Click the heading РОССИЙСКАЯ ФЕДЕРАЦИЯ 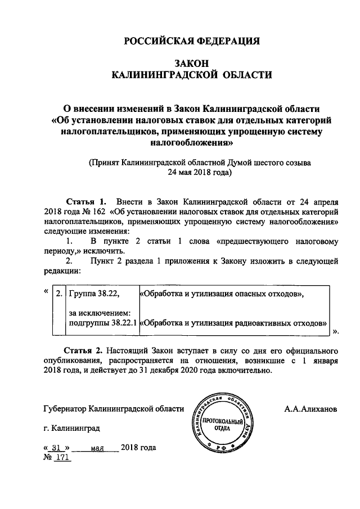(x=191, y=40)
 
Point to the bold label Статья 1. (x=86, y=201)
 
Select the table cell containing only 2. (x=57, y=294)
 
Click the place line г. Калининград (x=72, y=428)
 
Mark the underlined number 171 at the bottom (x=62, y=458)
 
